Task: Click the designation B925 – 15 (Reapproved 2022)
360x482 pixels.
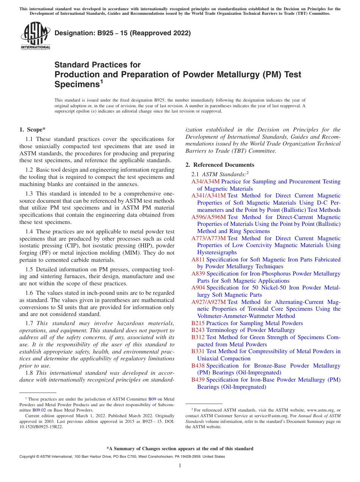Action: click(122, 33)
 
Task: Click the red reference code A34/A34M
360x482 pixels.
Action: click(205, 182)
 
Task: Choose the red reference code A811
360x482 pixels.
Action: click(198, 260)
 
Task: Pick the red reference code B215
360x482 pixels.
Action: click(198, 323)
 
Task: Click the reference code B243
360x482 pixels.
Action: click(198, 330)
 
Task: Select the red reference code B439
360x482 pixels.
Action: click(198, 380)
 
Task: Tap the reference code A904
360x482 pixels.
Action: click(198, 288)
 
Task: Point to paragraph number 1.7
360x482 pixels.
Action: click(29, 323)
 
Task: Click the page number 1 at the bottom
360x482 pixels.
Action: click(180, 466)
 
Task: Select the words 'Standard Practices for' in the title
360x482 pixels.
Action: click(97, 65)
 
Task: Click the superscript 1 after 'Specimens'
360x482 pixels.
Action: click(101, 81)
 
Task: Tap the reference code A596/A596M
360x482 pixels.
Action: click(208, 217)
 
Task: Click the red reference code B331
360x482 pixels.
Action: click(198, 351)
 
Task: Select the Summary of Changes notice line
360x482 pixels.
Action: click(180, 449)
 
